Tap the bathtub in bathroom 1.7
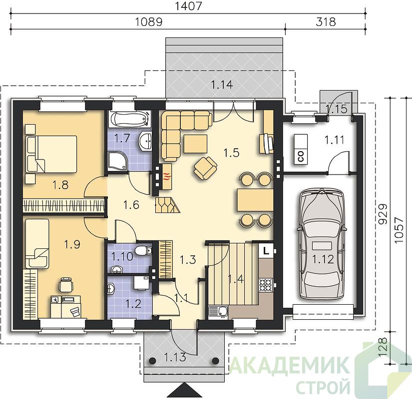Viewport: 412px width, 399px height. click(130, 119)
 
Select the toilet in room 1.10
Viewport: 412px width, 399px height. click(143, 250)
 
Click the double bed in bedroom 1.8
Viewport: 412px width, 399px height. click(51, 154)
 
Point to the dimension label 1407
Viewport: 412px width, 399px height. click(188, 6)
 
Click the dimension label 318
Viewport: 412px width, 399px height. click(326, 22)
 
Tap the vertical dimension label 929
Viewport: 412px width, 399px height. click(384, 214)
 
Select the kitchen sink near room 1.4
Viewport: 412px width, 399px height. click(218, 312)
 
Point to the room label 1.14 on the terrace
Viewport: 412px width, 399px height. click(222, 84)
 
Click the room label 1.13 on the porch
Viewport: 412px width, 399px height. click(175, 357)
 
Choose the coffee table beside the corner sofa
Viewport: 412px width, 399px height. click(195, 143)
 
